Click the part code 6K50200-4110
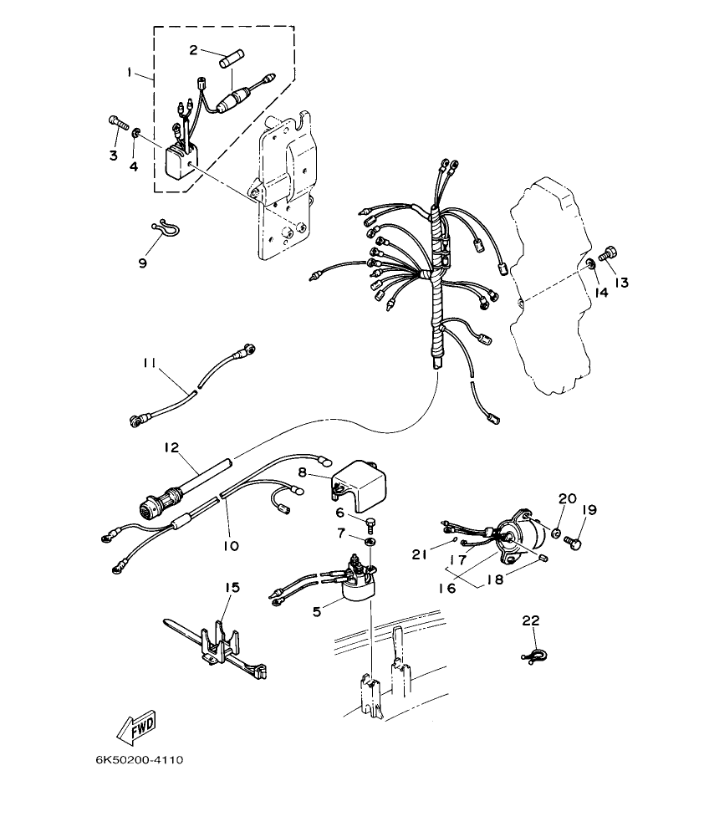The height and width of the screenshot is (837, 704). pos(138,760)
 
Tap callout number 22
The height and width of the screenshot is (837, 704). pos(531,620)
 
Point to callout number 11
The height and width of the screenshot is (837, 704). pos(150,363)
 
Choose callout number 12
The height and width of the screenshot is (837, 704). pos(172,449)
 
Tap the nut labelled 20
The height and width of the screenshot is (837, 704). pos(555,531)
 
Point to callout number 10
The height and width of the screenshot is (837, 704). pos(231,546)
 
